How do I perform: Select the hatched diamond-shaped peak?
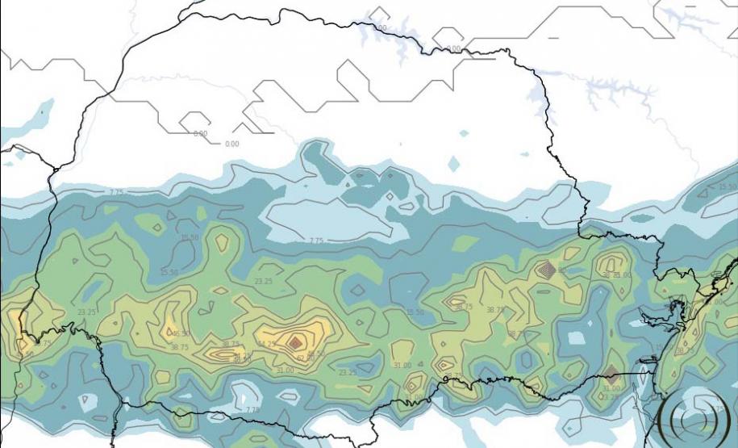548,270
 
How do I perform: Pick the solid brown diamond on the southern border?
611,375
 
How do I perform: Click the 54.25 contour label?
266,345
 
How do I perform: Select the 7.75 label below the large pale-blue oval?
316,241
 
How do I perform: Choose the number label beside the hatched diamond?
562,270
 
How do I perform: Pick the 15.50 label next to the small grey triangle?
169,272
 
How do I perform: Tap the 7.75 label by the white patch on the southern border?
252,409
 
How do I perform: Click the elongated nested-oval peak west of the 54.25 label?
226,353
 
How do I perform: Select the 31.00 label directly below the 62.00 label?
285,371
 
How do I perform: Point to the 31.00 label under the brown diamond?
611,388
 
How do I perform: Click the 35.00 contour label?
623,275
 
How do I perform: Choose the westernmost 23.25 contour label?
86,312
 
